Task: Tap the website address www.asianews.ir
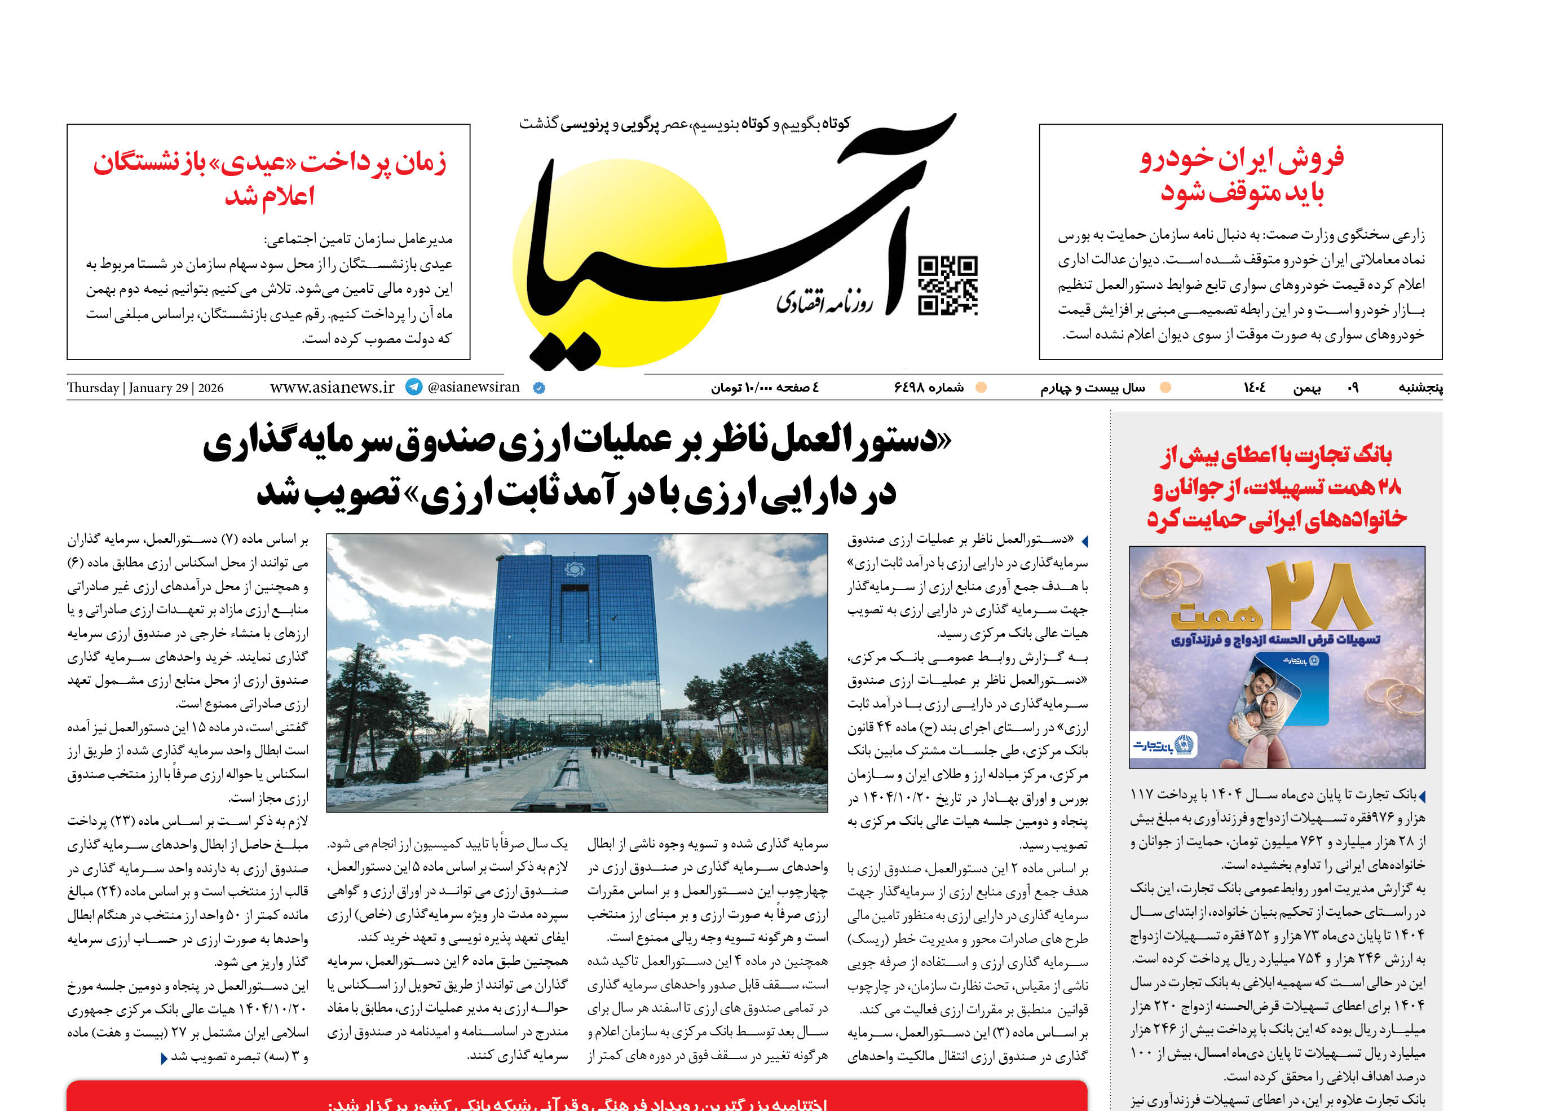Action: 332,387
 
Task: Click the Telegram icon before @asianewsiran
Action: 414,387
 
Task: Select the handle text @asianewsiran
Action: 473,387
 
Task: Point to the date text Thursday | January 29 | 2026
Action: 145,388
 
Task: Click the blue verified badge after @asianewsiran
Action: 538,388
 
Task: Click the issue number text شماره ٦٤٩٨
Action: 929,388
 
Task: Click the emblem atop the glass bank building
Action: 574,569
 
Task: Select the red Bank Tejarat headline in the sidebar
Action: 1277,486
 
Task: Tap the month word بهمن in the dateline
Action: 1306,388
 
